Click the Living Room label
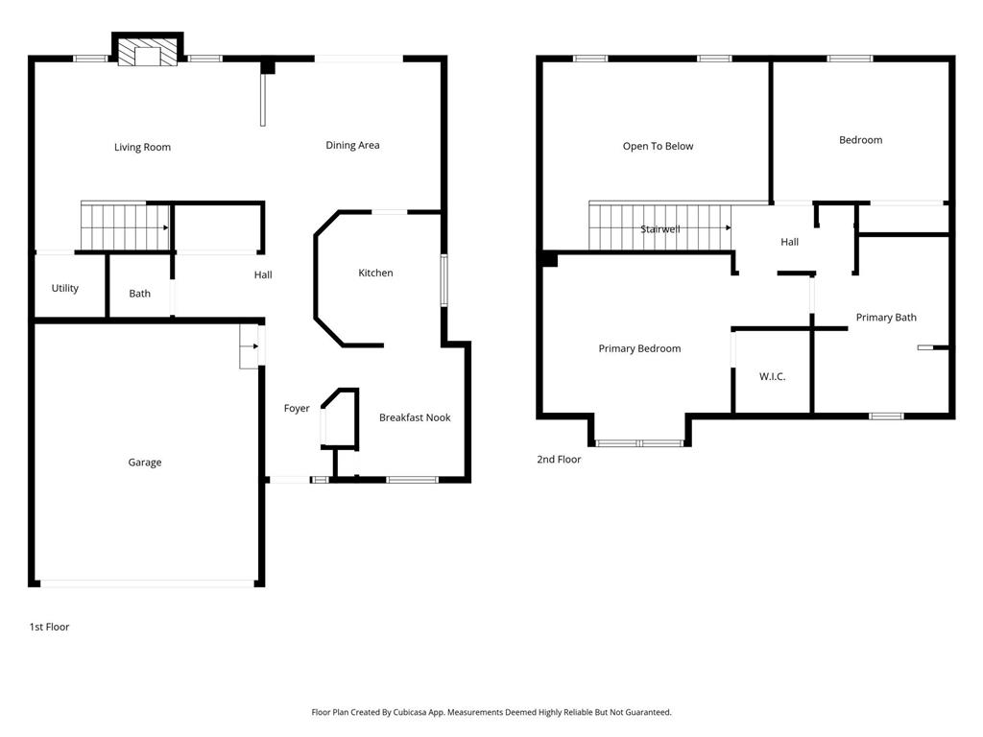click(x=142, y=147)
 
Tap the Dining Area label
click(x=352, y=146)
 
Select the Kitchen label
click(x=375, y=273)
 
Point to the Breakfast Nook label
click(x=415, y=417)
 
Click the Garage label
click(x=145, y=463)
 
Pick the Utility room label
click(x=65, y=288)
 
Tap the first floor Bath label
click(x=140, y=294)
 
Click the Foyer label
click(x=297, y=409)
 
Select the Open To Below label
click(x=659, y=146)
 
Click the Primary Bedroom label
click(x=639, y=348)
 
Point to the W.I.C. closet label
click(x=773, y=376)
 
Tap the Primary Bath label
click(x=886, y=317)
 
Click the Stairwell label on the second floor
click(x=660, y=229)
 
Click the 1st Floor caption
click(x=50, y=627)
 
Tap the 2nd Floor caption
click(x=559, y=460)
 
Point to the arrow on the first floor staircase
click(x=165, y=228)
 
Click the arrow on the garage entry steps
click(x=255, y=345)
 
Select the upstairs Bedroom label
click(x=861, y=140)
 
